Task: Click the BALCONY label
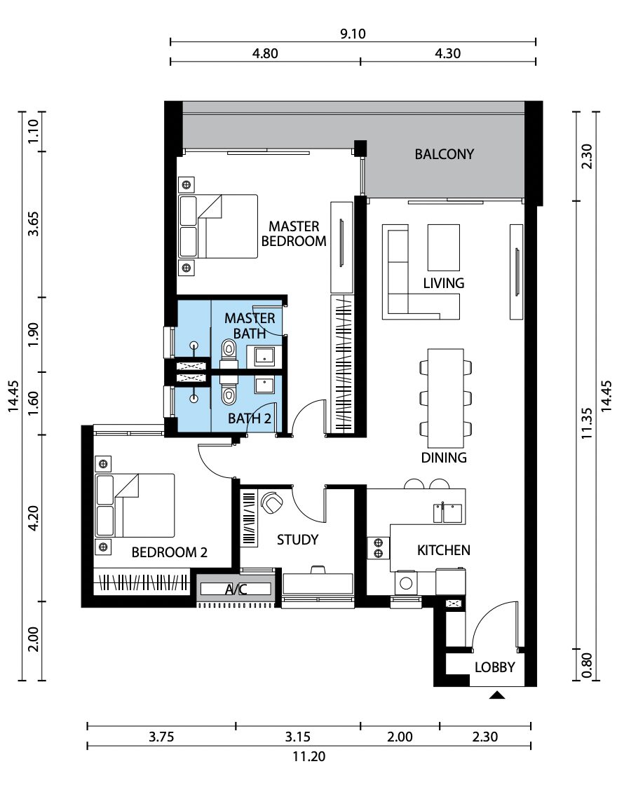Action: [444, 154]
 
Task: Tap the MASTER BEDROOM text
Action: [294, 233]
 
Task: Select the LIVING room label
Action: [444, 283]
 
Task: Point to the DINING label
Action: [444, 458]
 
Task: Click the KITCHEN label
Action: [444, 550]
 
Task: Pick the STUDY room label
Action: [297, 540]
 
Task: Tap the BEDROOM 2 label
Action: [169, 552]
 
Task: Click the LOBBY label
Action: [494, 667]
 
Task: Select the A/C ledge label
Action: [236, 589]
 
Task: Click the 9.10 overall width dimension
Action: [353, 34]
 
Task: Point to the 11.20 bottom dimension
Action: [309, 756]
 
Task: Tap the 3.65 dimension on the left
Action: [33, 224]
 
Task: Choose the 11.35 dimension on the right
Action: [586, 423]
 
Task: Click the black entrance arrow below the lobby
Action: [496, 695]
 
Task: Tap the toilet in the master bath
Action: [229, 353]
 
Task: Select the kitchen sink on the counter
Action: [448, 513]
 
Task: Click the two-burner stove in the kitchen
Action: [379, 548]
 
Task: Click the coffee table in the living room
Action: [444, 247]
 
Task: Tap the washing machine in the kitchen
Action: [406, 583]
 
